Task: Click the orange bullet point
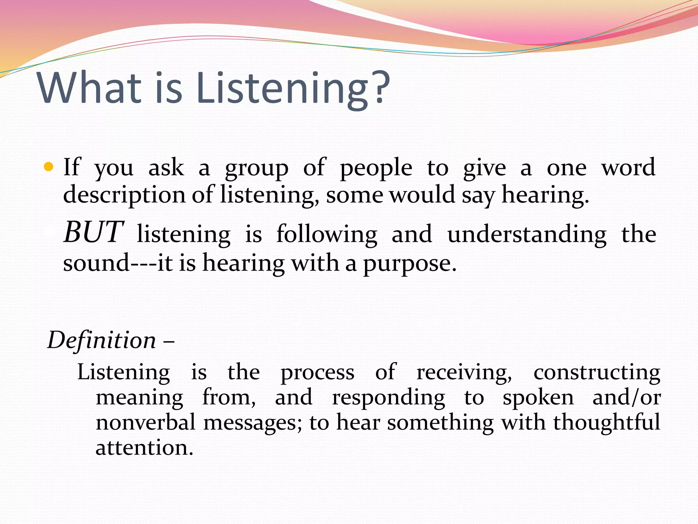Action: click(49, 167)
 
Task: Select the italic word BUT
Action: click(93, 232)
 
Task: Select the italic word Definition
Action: click(102, 340)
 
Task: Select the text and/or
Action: click(626, 398)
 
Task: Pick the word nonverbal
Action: click(146, 422)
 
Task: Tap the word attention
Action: click(144, 448)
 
